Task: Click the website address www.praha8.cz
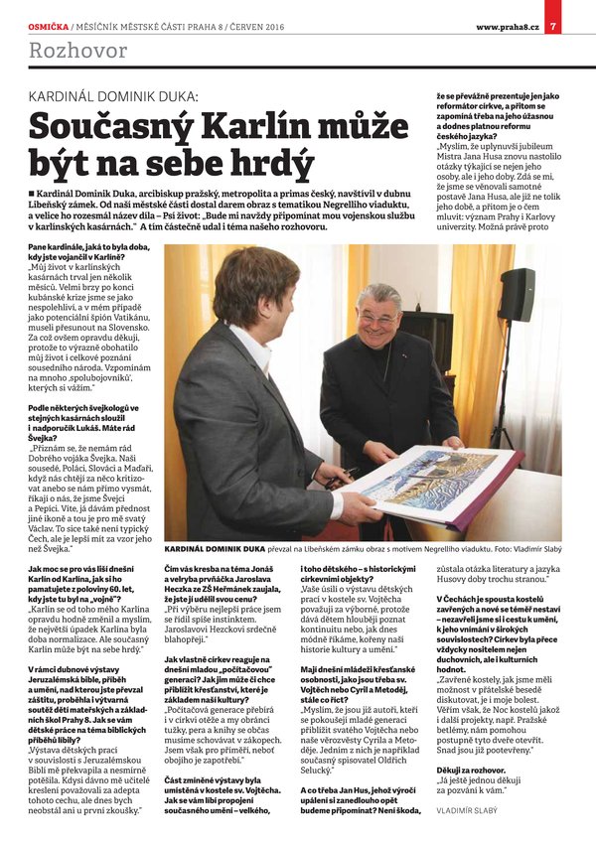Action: [x=507, y=11]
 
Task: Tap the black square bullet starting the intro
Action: [x=33, y=190]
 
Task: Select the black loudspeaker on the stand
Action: [x=516, y=295]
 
